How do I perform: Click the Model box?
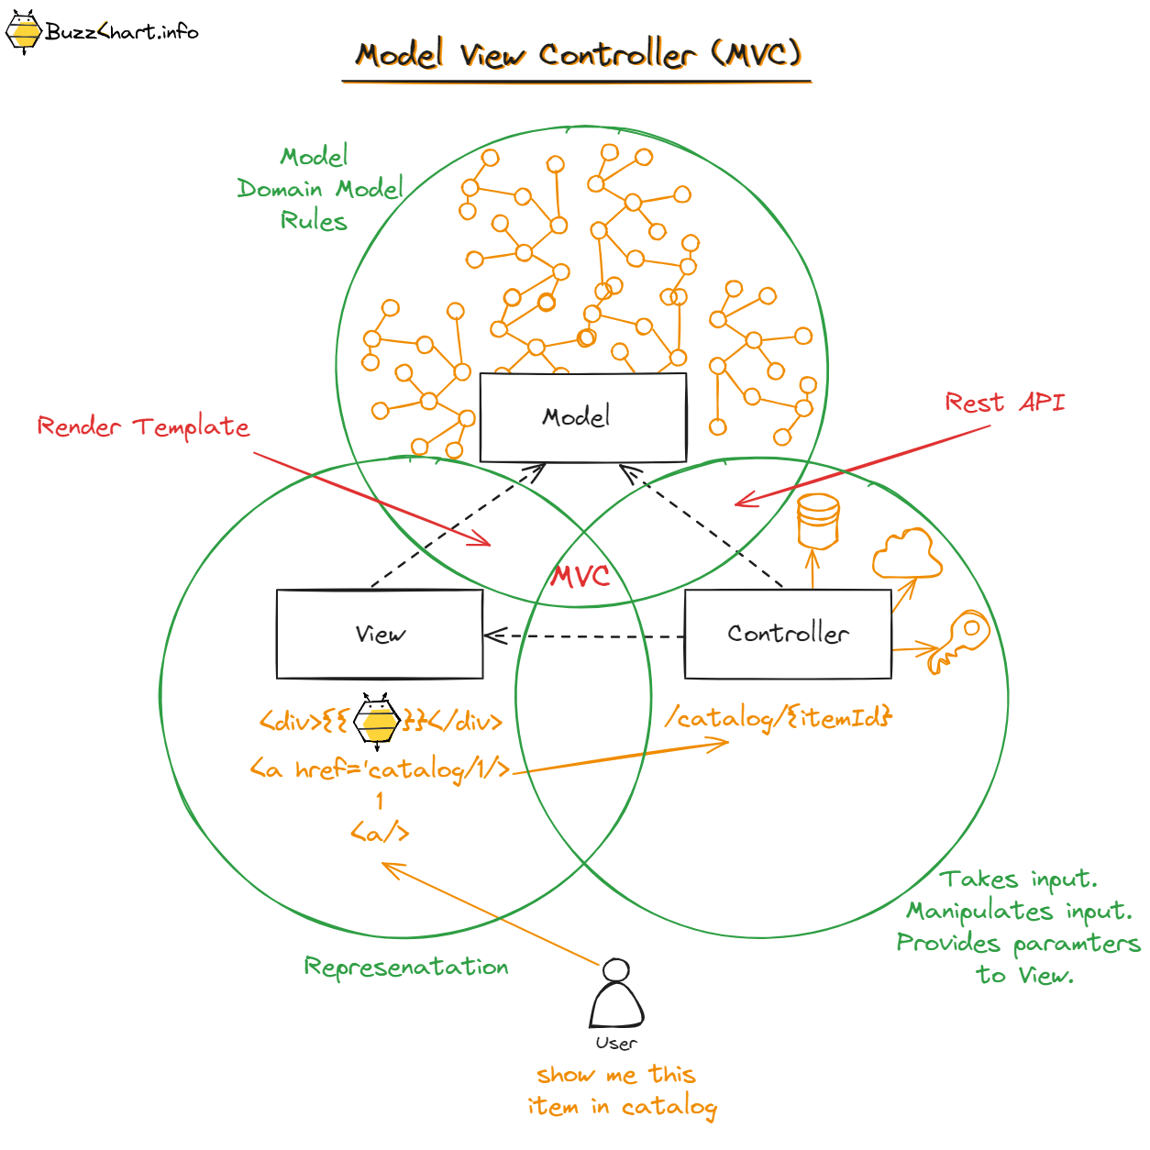[583, 417]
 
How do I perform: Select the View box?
[380, 634]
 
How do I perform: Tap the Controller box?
[788, 634]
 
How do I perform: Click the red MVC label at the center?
[580, 576]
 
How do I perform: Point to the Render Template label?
[143, 426]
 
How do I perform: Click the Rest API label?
[1004, 403]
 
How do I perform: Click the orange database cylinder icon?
[818, 521]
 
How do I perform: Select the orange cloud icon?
[906, 554]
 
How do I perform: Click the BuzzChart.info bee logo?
[24, 32]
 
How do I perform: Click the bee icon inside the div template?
[378, 721]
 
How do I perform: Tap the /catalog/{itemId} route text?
[779, 717]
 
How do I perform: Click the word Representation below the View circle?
[406, 967]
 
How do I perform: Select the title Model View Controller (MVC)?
[578, 55]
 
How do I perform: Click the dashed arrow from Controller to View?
[584, 636]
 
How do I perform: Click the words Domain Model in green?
[320, 189]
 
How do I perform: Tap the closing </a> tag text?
[380, 833]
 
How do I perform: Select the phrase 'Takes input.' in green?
[1018, 879]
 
